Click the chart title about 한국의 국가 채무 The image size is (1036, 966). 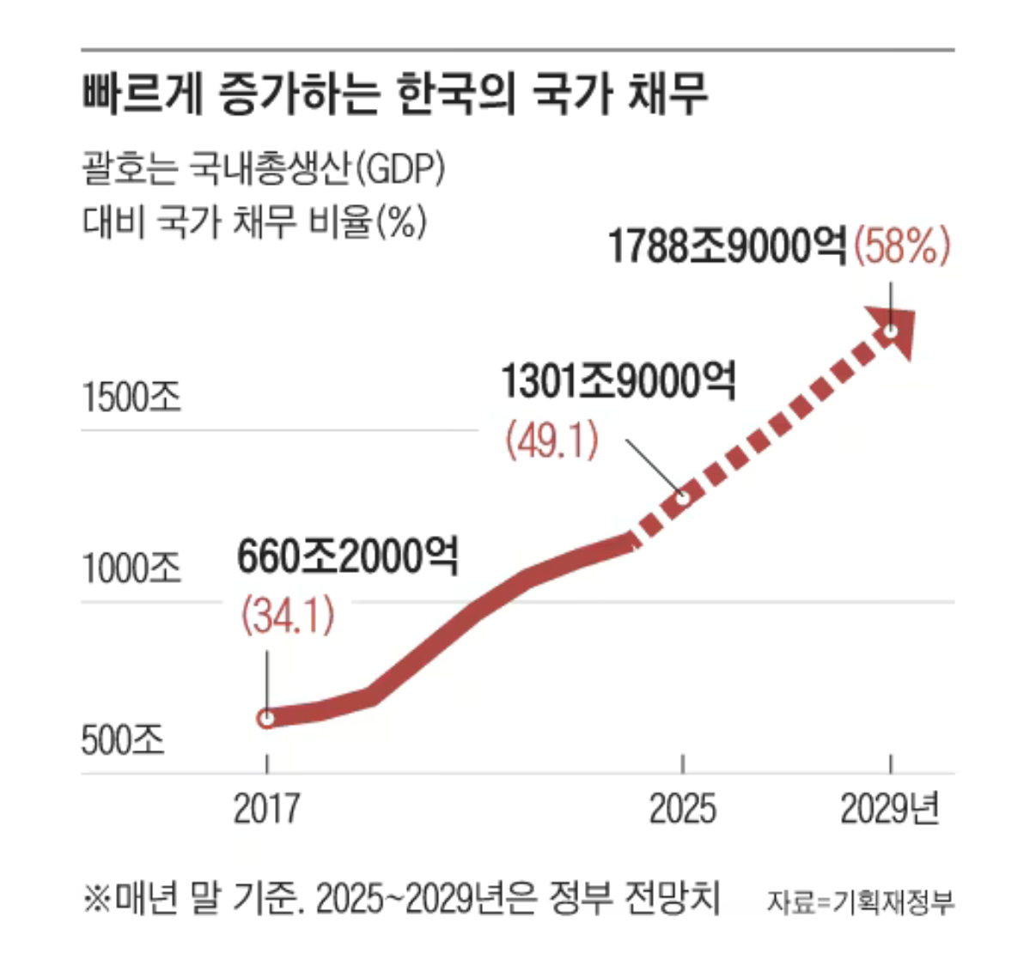click(395, 93)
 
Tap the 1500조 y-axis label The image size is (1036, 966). click(131, 398)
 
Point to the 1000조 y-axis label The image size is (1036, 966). click(131, 568)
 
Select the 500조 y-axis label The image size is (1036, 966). click(123, 739)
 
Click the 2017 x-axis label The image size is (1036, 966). click(267, 809)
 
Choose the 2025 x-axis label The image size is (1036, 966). click(682, 809)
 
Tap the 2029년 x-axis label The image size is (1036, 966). click(890, 809)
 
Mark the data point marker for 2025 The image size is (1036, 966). click(683, 496)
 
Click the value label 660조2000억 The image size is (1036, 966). click(347, 557)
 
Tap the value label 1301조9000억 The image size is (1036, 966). click(618, 381)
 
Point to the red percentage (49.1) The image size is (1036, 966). click(552, 441)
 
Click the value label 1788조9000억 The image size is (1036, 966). click(727, 246)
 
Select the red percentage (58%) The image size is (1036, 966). click(902, 246)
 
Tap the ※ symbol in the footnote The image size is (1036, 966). click(94, 899)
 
